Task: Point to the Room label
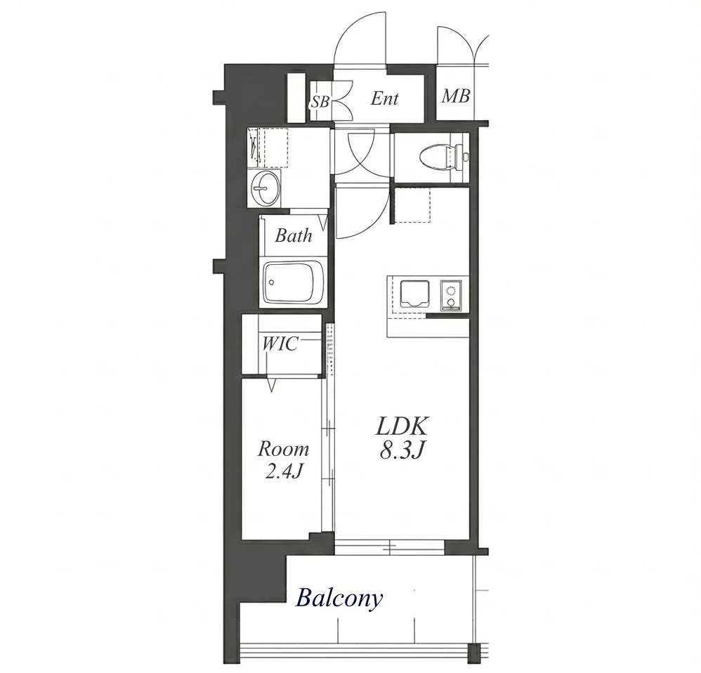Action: coord(283,449)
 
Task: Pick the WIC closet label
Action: coord(280,344)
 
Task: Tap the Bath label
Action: coord(294,235)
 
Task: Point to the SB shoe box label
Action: coord(320,103)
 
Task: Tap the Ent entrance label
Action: coord(384,98)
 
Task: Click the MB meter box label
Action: coord(456,96)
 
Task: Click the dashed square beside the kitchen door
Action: coord(412,205)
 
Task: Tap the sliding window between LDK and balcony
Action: coord(390,547)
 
